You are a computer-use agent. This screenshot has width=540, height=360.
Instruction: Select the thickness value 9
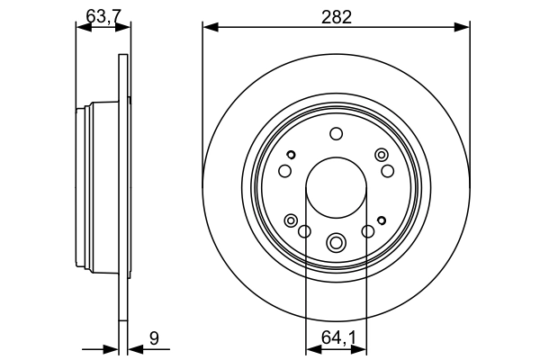click(154, 338)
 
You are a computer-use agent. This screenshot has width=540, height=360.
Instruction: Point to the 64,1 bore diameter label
click(336, 338)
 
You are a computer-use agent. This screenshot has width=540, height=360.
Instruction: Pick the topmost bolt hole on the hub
click(336, 134)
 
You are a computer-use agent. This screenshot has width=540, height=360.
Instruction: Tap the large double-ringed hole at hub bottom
click(336, 242)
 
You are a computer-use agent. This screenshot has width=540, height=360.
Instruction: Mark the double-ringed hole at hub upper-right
click(381, 155)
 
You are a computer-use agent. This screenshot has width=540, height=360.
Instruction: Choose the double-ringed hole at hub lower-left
click(291, 220)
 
